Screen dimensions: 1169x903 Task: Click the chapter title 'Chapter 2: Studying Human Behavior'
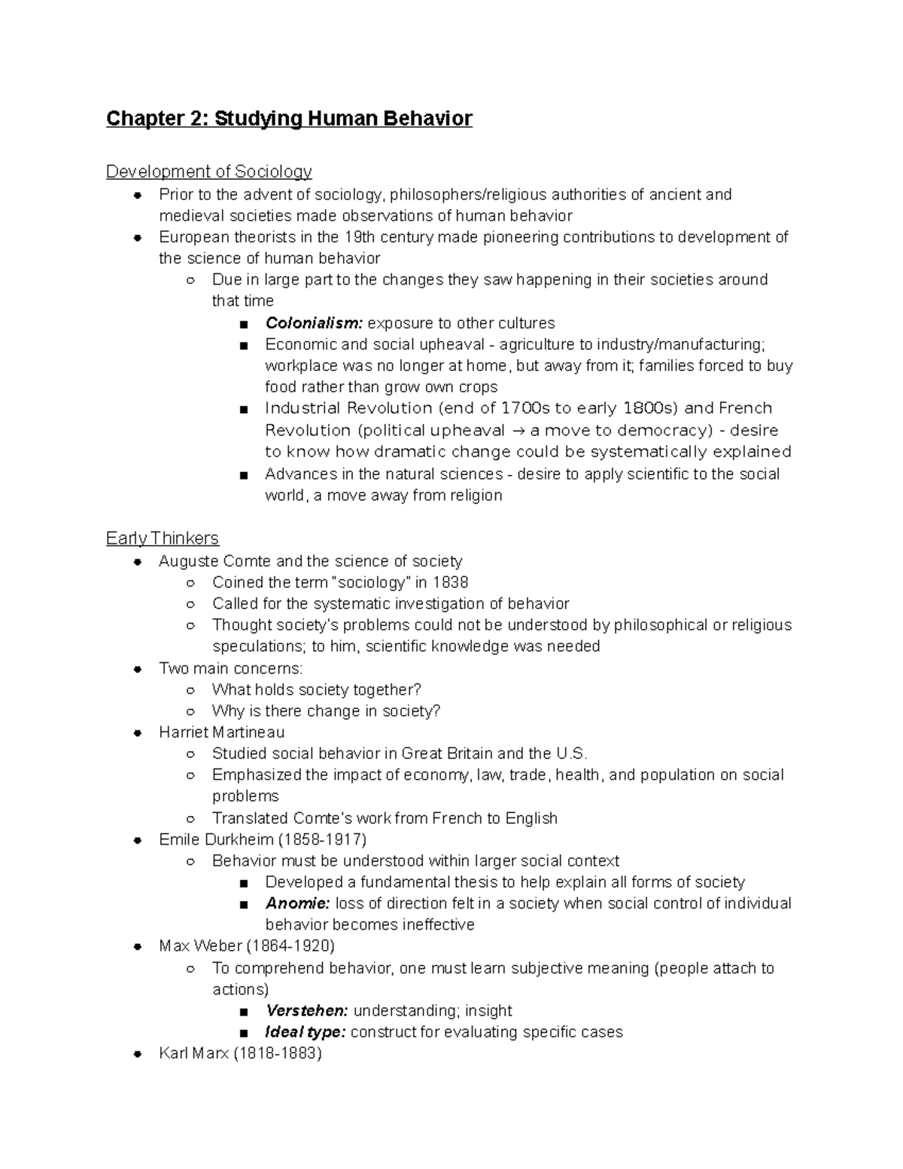click(x=289, y=119)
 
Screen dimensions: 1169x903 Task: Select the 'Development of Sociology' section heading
click(x=208, y=172)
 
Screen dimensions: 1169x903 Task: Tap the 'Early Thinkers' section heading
click(x=163, y=538)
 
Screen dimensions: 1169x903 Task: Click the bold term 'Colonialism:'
click(x=314, y=324)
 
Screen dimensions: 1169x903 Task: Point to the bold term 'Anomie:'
click(x=297, y=903)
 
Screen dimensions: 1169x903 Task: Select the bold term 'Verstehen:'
click(x=306, y=1011)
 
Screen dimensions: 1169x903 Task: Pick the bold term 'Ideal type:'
click(x=305, y=1032)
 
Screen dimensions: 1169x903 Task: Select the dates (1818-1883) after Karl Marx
click(x=278, y=1054)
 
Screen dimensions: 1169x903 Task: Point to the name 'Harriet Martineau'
click(x=222, y=732)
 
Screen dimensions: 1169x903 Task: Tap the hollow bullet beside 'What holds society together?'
click(x=191, y=690)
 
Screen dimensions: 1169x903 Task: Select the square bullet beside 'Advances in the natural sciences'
click(x=242, y=475)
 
